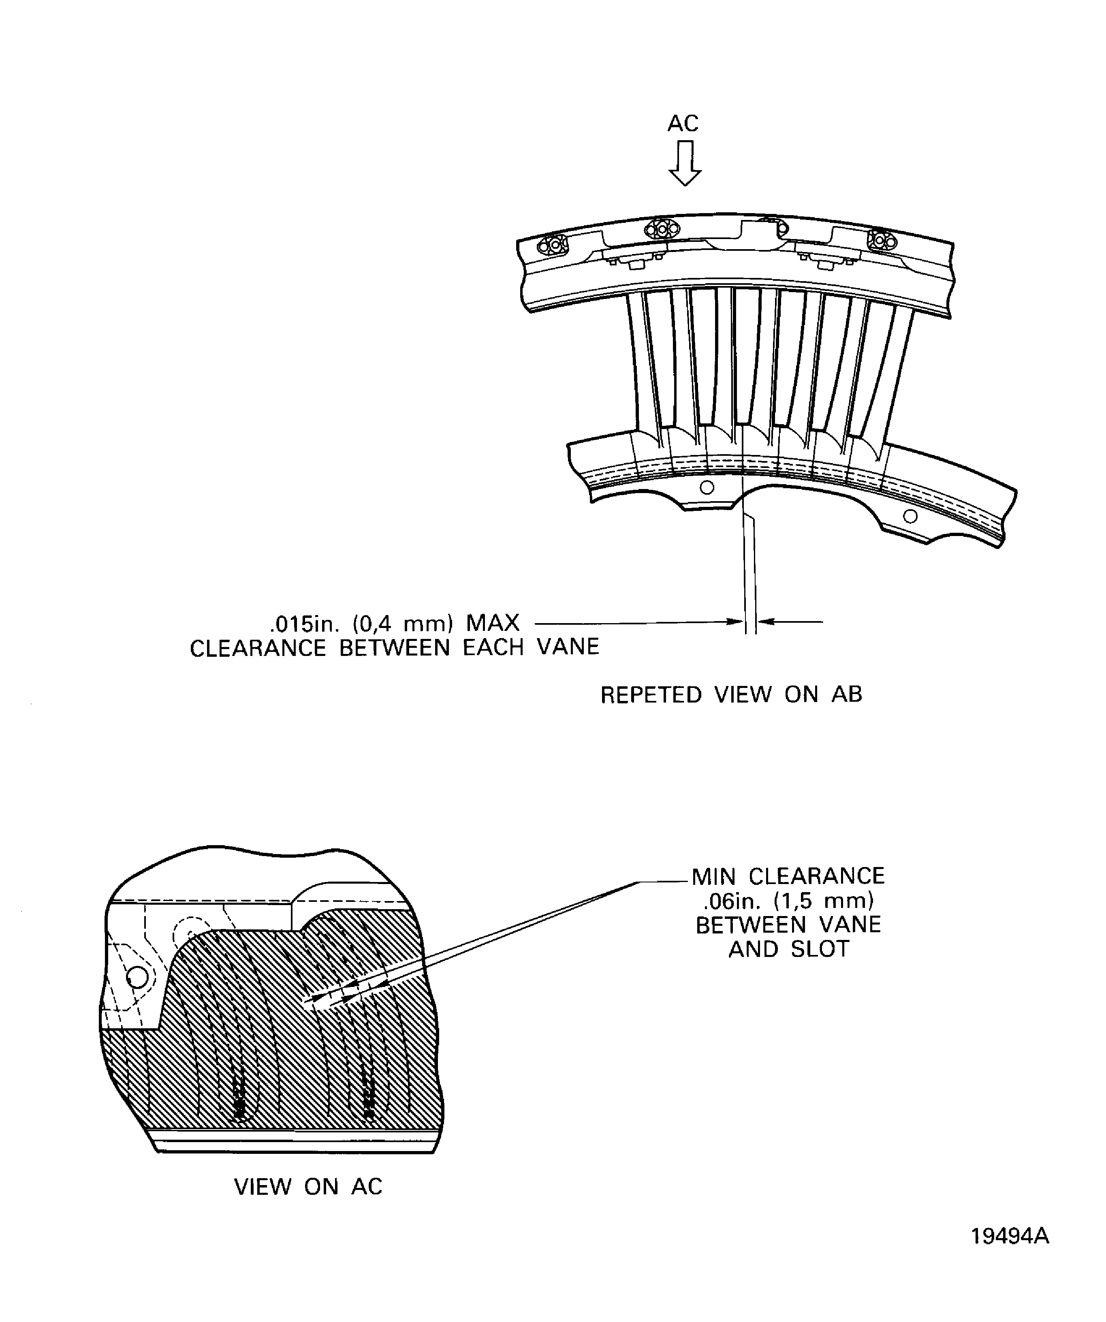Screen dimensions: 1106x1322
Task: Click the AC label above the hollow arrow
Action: coord(683,124)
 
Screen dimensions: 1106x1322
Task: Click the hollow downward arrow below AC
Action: coord(685,163)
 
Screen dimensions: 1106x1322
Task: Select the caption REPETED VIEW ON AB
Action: coord(731,695)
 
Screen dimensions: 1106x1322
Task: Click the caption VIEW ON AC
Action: coord(308,1187)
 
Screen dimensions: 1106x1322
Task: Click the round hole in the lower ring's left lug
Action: coord(707,487)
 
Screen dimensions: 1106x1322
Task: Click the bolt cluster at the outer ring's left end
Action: coord(551,246)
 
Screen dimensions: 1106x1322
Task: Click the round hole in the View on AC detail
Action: coord(137,977)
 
